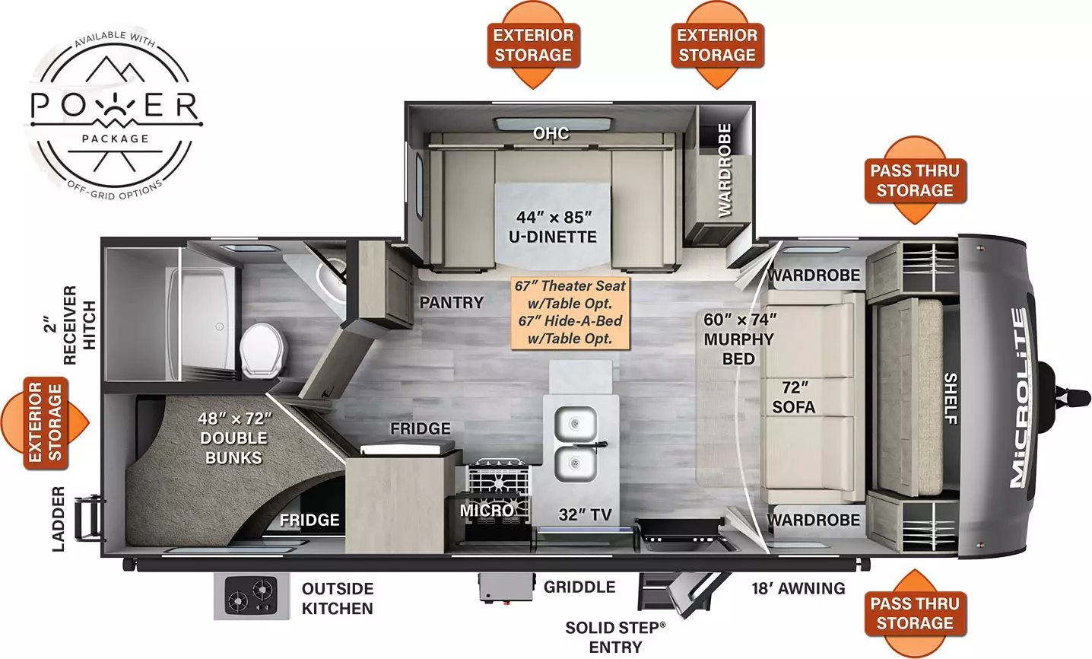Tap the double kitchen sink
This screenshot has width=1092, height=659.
576,444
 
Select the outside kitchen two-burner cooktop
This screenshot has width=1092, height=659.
251,596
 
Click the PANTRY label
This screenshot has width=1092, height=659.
452,302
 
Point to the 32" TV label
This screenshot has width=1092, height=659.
585,514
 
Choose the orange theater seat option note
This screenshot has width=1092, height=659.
570,313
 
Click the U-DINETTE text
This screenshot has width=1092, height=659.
553,237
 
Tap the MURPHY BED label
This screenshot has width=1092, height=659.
738,349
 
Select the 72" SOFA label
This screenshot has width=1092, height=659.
794,397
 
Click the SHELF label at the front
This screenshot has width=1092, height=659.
951,399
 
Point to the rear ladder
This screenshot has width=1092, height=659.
89,517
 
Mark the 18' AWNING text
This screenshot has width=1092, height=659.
798,588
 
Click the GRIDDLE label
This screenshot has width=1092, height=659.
579,587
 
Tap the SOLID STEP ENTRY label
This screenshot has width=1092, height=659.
615,638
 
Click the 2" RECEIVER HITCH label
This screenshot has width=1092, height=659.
70,325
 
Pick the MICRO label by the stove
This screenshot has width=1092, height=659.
487,510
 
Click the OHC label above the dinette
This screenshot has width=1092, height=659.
551,133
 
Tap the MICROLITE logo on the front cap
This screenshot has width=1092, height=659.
1018,397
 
